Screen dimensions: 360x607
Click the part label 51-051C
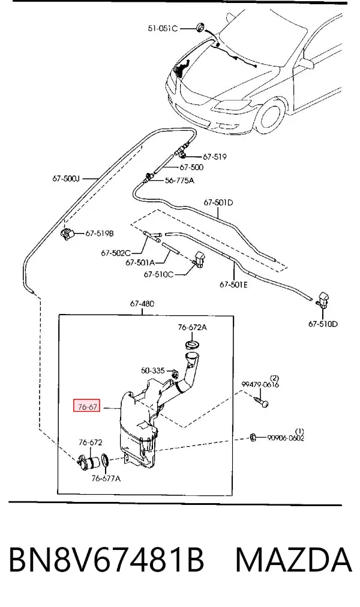click(x=163, y=28)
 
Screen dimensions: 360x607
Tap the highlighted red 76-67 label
click(x=87, y=406)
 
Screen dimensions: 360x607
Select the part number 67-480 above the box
click(x=142, y=304)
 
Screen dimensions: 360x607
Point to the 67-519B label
click(x=100, y=234)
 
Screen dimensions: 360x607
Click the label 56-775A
click(x=179, y=180)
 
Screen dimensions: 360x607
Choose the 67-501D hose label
click(x=218, y=202)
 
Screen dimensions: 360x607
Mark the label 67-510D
click(x=323, y=324)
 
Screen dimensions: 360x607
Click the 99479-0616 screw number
click(x=260, y=384)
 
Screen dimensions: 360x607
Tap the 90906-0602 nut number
click(x=286, y=438)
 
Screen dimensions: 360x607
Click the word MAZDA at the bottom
click(x=293, y=560)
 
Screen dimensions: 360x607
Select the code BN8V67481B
click(x=106, y=560)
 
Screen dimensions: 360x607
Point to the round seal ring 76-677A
click(x=105, y=461)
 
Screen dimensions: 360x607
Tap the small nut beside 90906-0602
click(x=253, y=438)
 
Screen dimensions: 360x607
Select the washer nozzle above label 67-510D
click(x=322, y=300)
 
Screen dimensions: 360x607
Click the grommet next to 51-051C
click(x=200, y=27)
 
